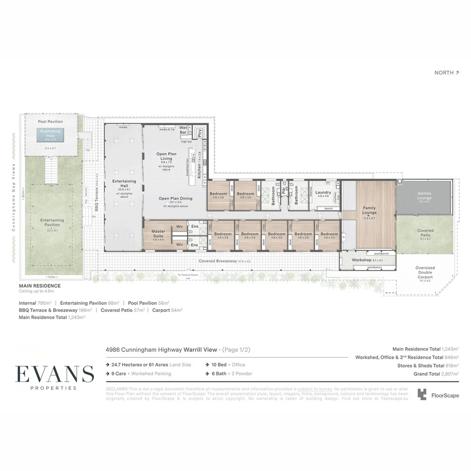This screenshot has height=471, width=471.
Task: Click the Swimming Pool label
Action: click(50, 133)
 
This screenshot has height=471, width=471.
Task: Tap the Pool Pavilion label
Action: click(50, 122)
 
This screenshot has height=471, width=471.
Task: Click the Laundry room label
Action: click(323, 192)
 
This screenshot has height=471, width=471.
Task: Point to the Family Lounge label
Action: click(369, 211)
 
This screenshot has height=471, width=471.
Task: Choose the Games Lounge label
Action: click(424, 195)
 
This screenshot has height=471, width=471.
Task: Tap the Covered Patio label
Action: click(425, 232)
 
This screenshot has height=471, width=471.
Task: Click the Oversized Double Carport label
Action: click(425, 272)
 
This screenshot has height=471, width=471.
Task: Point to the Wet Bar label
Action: click(183, 130)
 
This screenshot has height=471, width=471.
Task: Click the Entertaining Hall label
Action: click(124, 184)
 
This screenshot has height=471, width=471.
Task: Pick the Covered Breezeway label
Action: click(218, 261)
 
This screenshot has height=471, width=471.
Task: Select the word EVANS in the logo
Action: click(55, 374)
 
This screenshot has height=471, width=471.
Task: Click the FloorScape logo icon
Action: click(422, 395)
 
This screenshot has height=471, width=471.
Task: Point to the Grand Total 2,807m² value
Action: click(449, 374)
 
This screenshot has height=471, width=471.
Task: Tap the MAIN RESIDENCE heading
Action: click(40, 286)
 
